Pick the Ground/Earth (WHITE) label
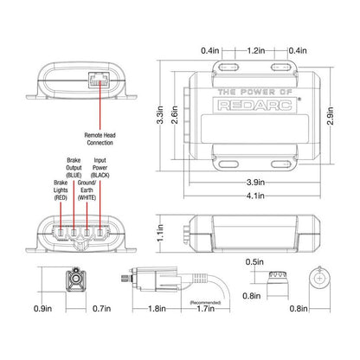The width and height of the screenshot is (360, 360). pyautogui.click(x=87, y=190)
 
